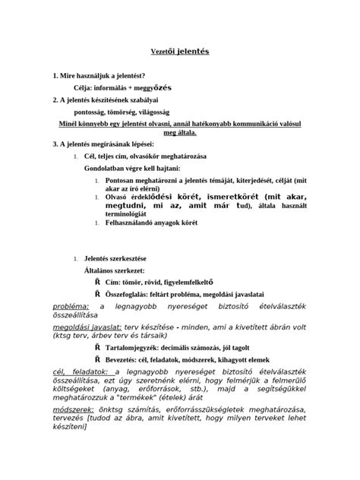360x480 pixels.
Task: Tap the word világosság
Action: (x=171, y=111)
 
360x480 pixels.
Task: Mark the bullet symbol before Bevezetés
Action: (x=97, y=381)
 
